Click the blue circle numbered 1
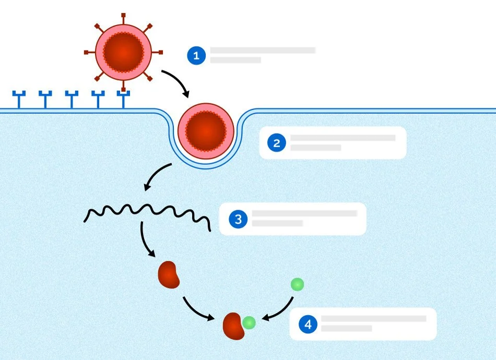tap(196, 56)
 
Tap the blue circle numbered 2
tap(276, 143)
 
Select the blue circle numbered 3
tap(238, 219)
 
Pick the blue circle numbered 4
tap(308, 325)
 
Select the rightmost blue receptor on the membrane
tap(123, 99)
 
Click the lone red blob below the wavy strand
tap(169, 274)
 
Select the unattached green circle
tap(297, 284)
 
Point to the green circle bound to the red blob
tap(249, 323)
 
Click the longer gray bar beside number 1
tap(263, 51)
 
